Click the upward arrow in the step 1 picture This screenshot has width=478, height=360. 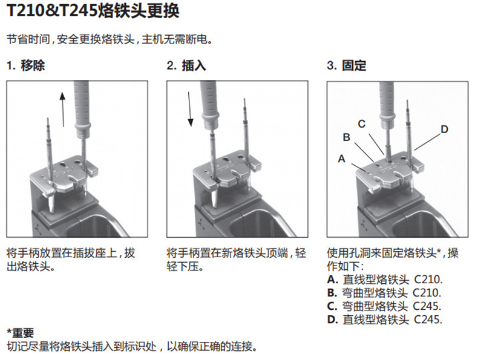click(x=63, y=109)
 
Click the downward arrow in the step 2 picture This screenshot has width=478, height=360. click(x=189, y=109)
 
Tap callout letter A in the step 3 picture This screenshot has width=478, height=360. click(x=342, y=159)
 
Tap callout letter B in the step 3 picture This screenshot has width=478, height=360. click(x=346, y=137)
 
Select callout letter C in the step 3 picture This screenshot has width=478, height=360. click(x=362, y=124)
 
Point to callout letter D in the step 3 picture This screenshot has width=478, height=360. click(x=445, y=129)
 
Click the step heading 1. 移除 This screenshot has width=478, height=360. click(x=26, y=65)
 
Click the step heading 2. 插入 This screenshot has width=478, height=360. click(x=186, y=65)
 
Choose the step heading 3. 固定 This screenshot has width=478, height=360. click(x=347, y=65)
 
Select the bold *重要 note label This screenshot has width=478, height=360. click(x=21, y=333)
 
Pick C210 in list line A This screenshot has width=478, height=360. click(x=428, y=280)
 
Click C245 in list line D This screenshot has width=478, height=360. click(x=428, y=319)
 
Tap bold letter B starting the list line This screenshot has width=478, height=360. click(x=332, y=293)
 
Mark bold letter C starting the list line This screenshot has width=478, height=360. click(x=332, y=306)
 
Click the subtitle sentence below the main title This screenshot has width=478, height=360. click(x=110, y=39)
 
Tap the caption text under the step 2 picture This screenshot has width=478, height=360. click(x=236, y=260)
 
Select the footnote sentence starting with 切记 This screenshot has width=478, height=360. click(x=132, y=346)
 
